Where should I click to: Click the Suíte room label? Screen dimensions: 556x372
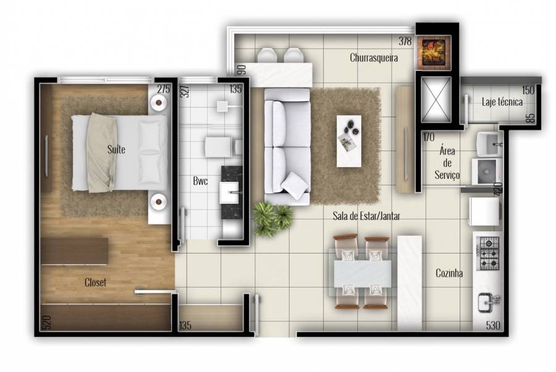tap(116, 149)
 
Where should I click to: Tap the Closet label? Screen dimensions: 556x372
tap(95, 283)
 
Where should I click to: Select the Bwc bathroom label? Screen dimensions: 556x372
tap(200, 181)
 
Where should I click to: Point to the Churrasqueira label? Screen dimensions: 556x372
tap(374, 57)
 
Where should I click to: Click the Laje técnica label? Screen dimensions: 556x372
tap(502, 102)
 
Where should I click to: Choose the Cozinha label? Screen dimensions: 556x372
tap(449, 273)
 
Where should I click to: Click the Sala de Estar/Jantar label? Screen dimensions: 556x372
tap(366, 215)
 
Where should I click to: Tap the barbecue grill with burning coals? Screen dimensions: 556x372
tap(433, 52)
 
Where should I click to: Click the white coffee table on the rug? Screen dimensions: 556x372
tap(349, 141)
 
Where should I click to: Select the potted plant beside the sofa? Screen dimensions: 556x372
tap(272, 218)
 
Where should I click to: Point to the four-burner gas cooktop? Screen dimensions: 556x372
tap(489, 253)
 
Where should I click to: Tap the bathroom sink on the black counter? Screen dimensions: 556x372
tap(229, 192)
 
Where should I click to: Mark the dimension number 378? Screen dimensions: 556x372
tap(405, 41)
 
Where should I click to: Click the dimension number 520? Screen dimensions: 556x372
tap(46, 323)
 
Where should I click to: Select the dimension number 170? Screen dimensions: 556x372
tap(429, 137)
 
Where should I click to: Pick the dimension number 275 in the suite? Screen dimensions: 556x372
tap(164, 89)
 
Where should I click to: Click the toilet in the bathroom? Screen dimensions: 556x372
tap(222, 147)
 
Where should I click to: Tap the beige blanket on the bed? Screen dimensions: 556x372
tap(102, 153)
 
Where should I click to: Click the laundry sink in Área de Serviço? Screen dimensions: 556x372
tap(489, 144)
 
